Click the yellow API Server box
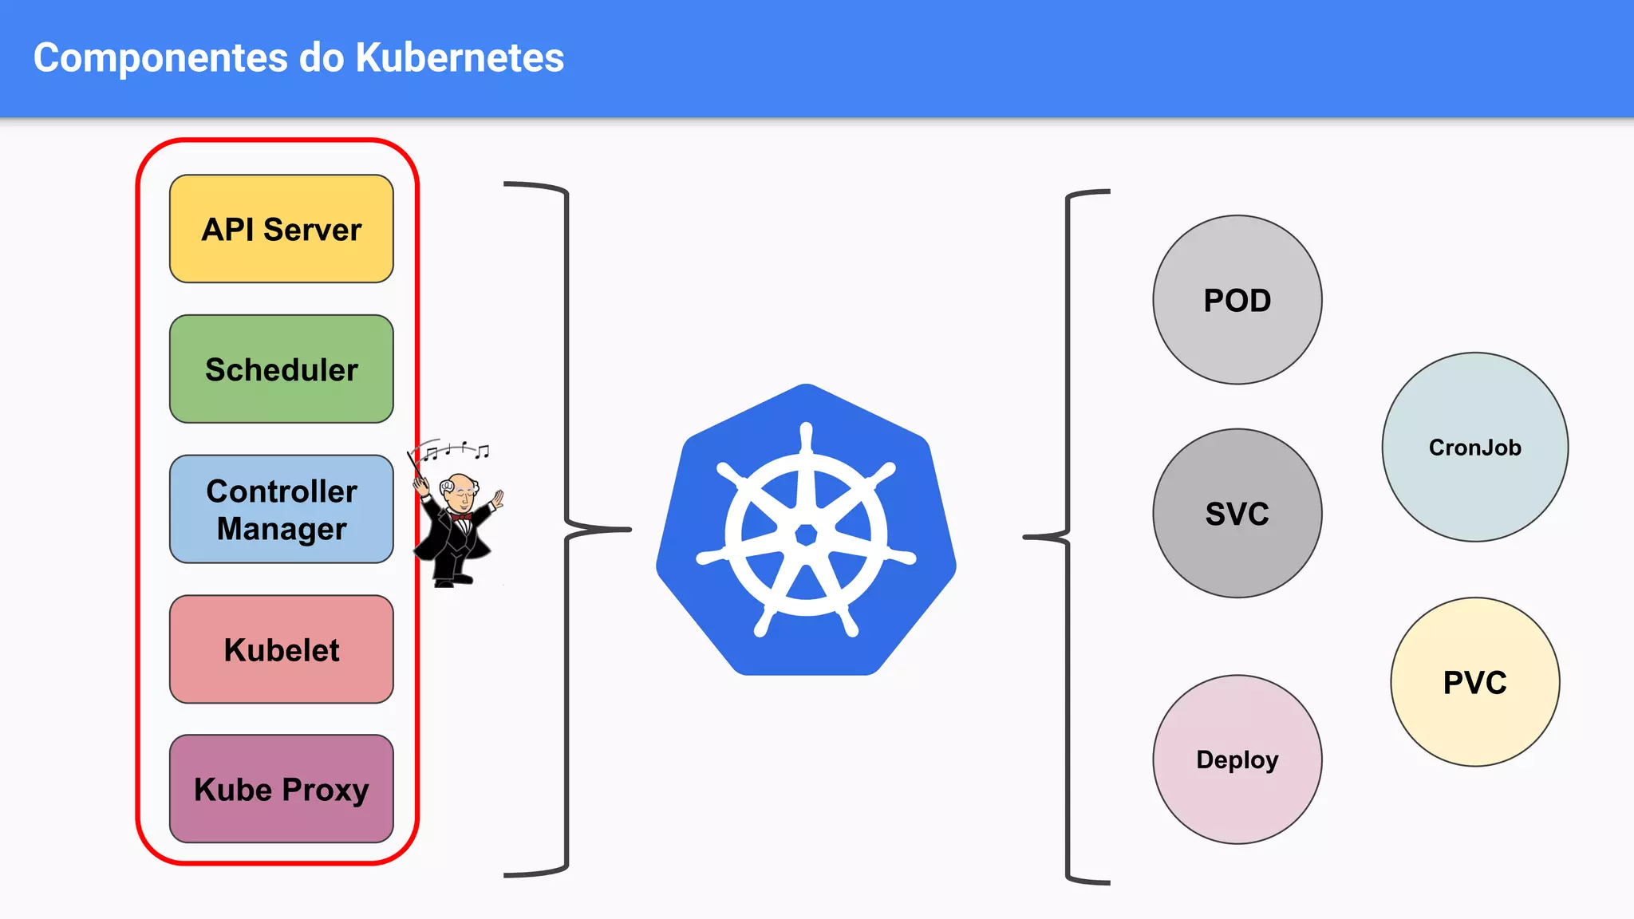pyautogui.click(x=281, y=229)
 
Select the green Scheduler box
pyautogui.click(x=281, y=369)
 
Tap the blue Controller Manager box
pyautogui.click(x=281, y=509)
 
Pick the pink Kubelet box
pyautogui.click(x=281, y=649)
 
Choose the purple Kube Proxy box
pyautogui.click(x=281, y=789)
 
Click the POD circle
pyautogui.click(x=1237, y=300)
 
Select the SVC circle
pyautogui.click(x=1237, y=513)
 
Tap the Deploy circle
pyautogui.click(x=1237, y=759)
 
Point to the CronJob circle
pyautogui.click(x=1474, y=447)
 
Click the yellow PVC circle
pyautogui.click(x=1474, y=682)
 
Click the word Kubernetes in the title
pyautogui.click(x=460, y=57)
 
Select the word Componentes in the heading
pyautogui.click(x=160, y=57)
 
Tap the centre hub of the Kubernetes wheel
pyautogui.click(x=806, y=534)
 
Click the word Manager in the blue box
pyautogui.click(x=281, y=529)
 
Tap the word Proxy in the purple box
pyautogui.click(x=325, y=791)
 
